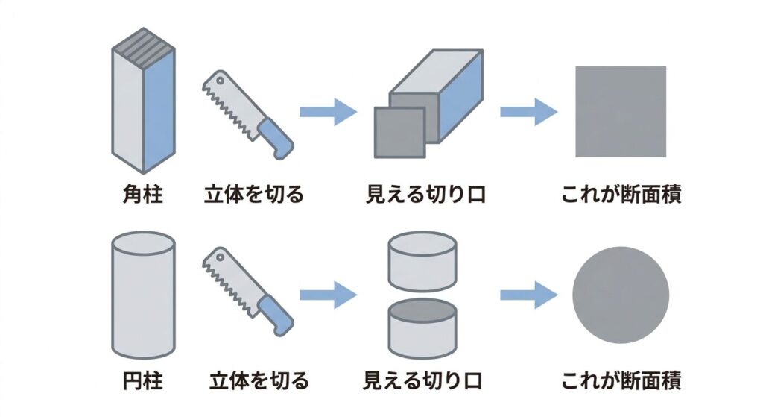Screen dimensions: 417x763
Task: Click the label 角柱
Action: (x=142, y=195)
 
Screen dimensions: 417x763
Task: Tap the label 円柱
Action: (x=142, y=382)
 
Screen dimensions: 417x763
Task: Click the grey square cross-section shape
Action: (x=620, y=111)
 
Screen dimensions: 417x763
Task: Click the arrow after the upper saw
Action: (x=328, y=112)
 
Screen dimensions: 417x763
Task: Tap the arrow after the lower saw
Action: (x=328, y=295)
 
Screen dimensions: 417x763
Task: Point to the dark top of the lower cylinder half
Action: (x=422, y=310)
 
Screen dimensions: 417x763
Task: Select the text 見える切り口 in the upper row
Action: (x=425, y=195)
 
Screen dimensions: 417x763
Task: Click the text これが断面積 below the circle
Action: (x=621, y=382)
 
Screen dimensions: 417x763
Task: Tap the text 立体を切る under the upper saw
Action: (x=254, y=195)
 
